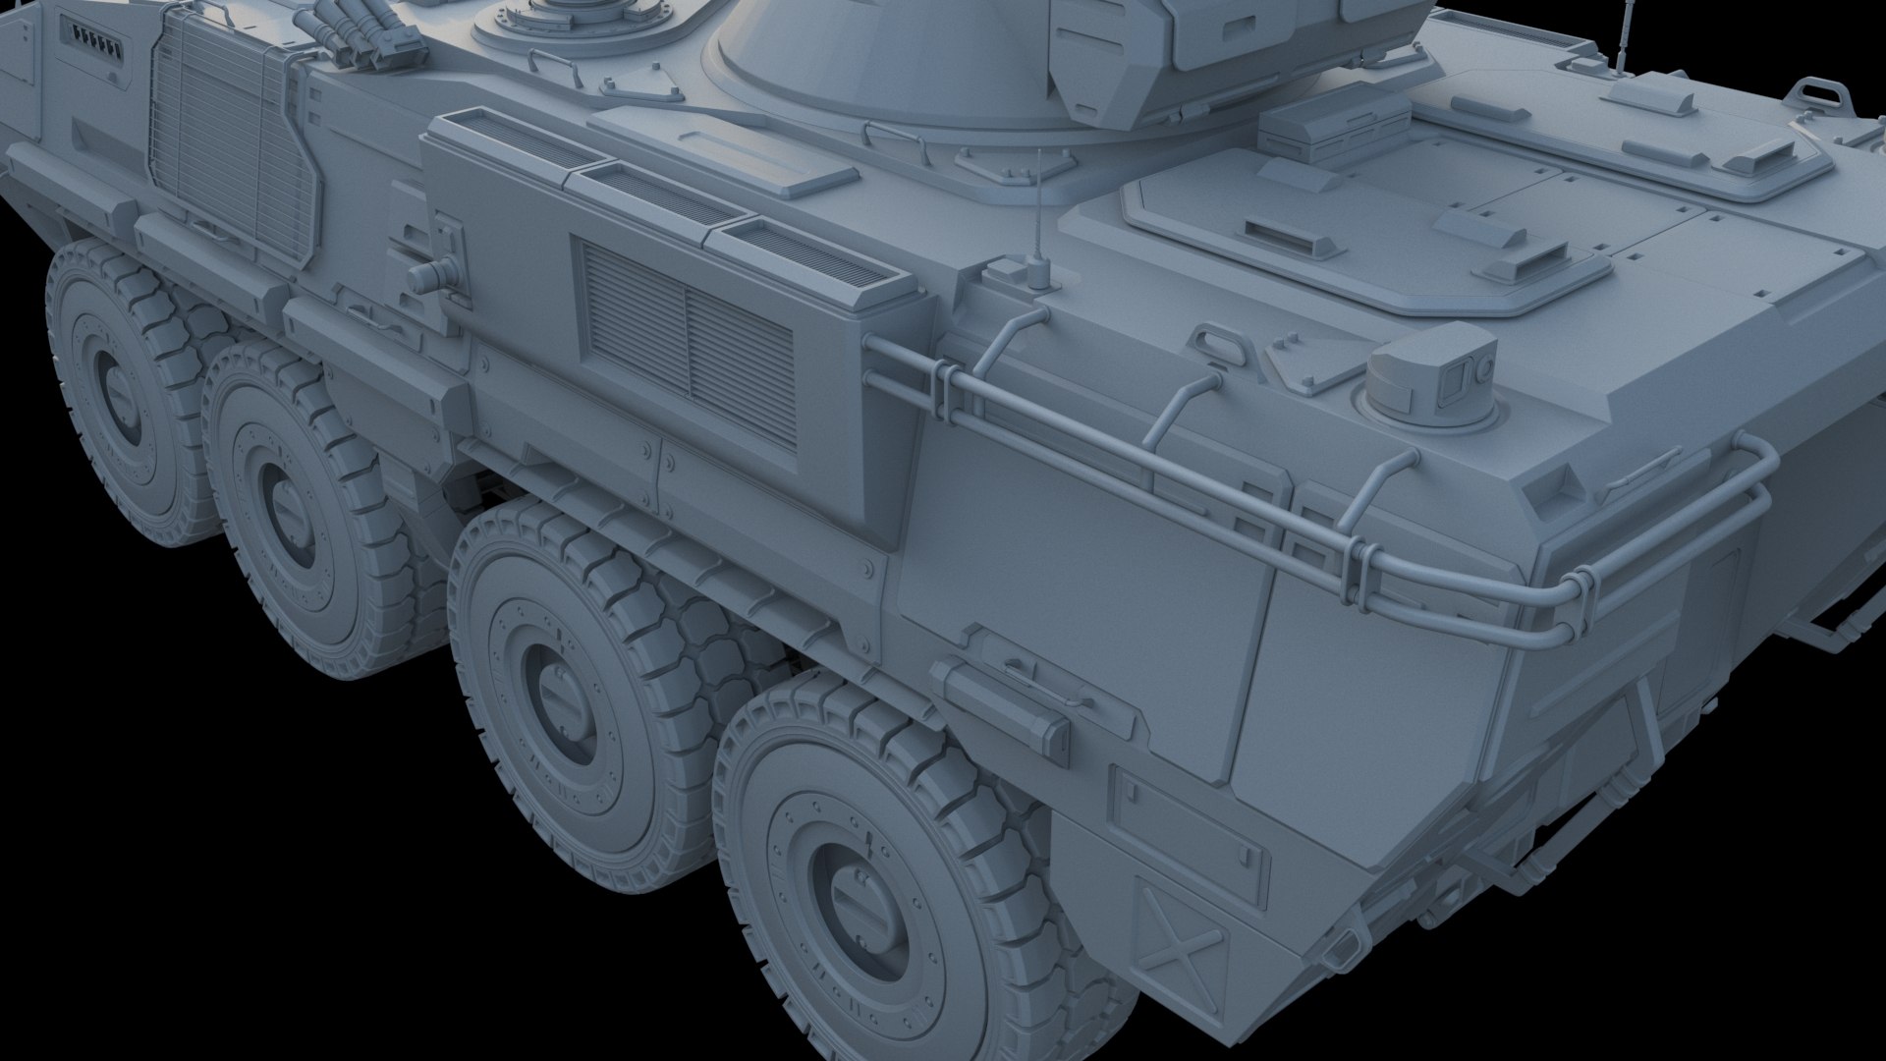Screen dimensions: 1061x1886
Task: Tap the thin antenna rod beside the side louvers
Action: (x=1039, y=221)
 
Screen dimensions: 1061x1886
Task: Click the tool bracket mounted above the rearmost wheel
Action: (x=1002, y=699)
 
